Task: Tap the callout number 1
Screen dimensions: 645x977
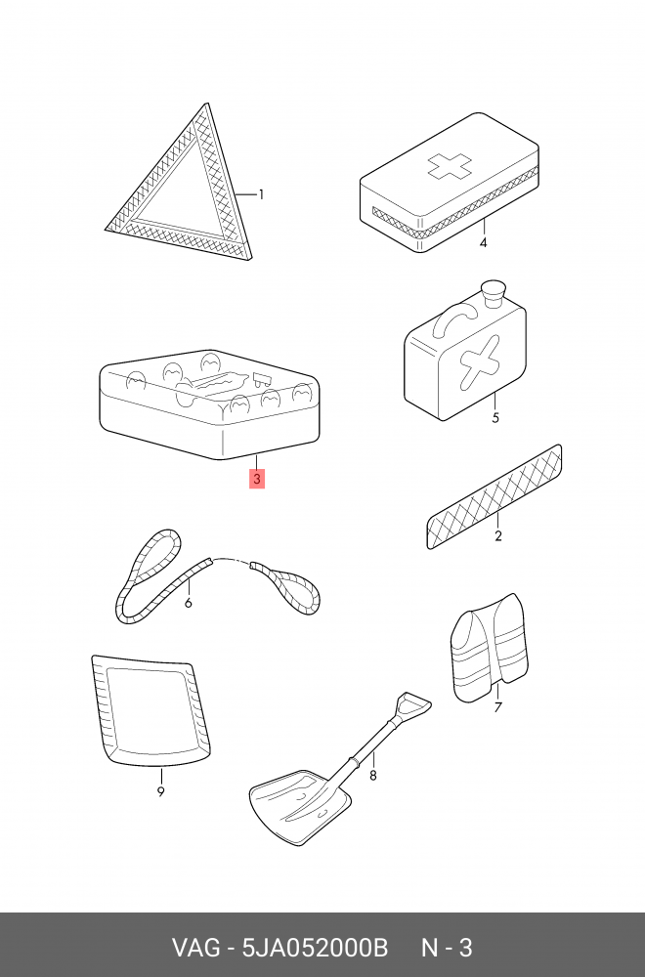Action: (261, 195)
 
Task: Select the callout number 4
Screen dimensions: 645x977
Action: (483, 242)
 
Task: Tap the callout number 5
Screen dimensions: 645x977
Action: (495, 417)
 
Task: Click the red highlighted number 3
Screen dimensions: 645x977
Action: (257, 479)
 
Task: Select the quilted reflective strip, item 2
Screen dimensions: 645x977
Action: (494, 496)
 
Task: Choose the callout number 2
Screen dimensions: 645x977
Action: (498, 535)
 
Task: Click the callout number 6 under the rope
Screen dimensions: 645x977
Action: (189, 603)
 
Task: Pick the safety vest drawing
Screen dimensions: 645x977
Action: (490, 648)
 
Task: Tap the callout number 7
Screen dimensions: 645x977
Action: (498, 707)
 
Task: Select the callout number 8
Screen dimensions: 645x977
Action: (372, 776)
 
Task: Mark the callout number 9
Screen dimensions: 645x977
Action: (161, 792)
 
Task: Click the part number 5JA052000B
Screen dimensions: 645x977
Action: (315, 948)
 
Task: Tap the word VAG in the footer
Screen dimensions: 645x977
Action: (195, 948)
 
